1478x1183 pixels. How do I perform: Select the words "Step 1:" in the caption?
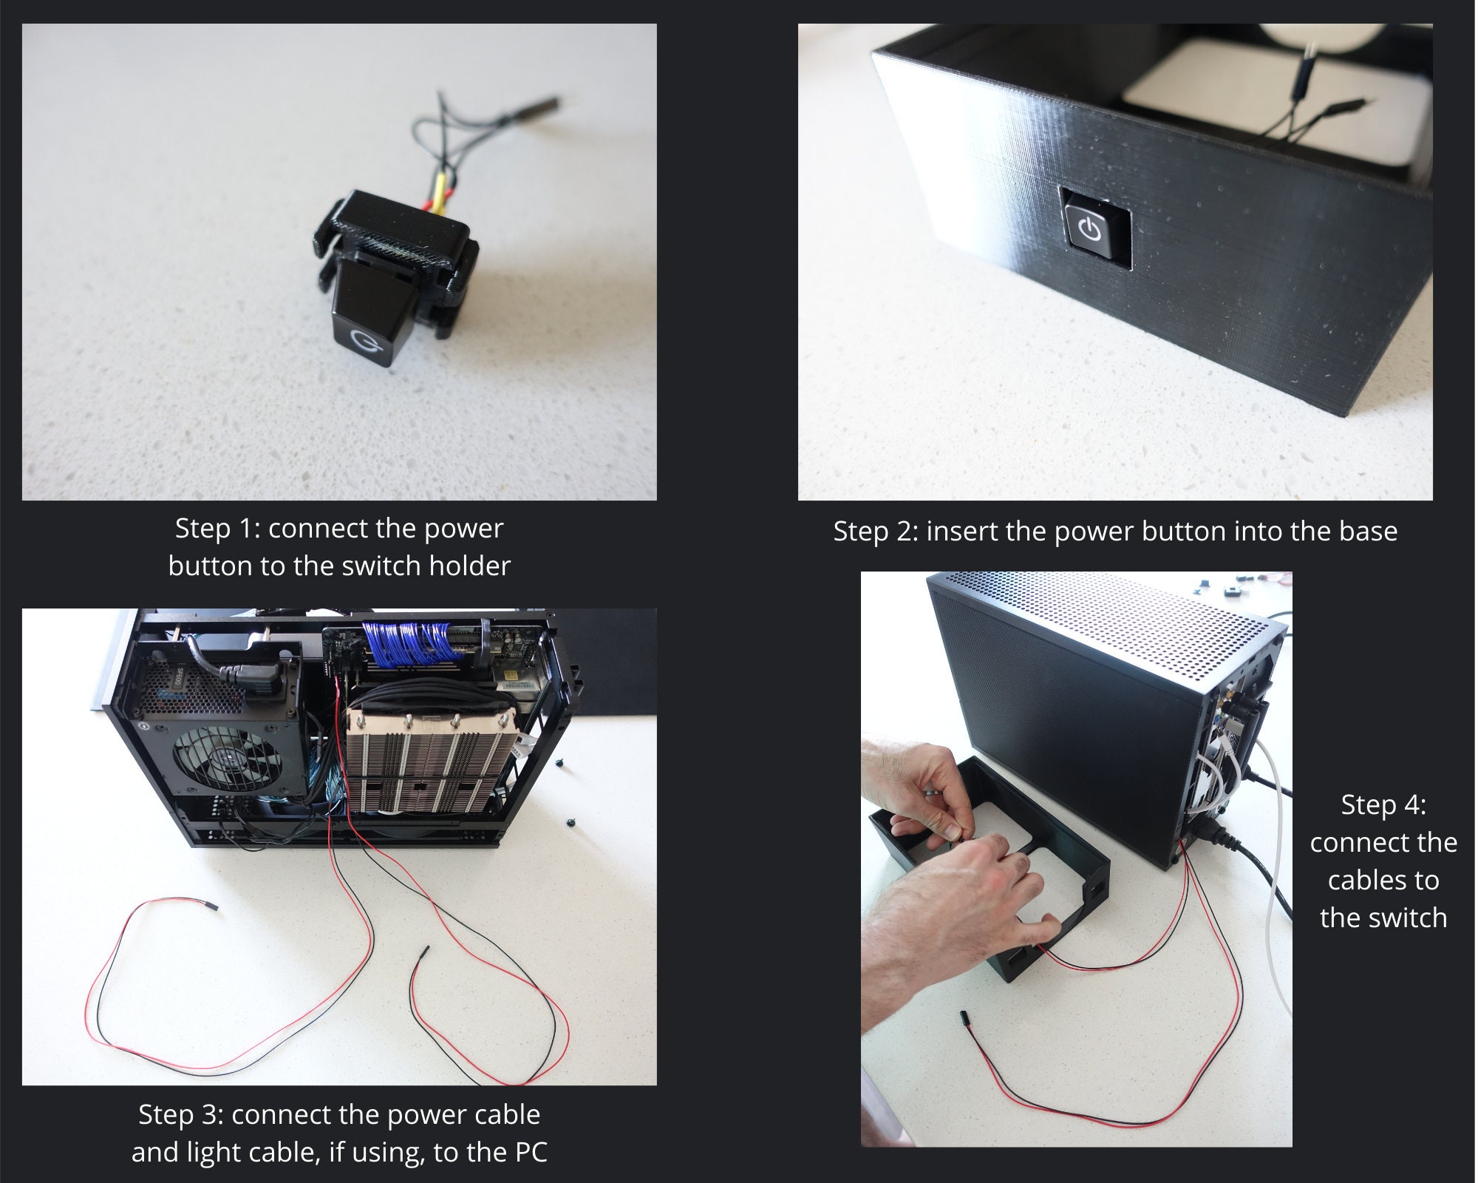coord(217,529)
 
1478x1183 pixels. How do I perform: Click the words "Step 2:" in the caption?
coord(875,532)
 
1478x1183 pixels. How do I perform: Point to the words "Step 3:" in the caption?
coord(180,1114)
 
